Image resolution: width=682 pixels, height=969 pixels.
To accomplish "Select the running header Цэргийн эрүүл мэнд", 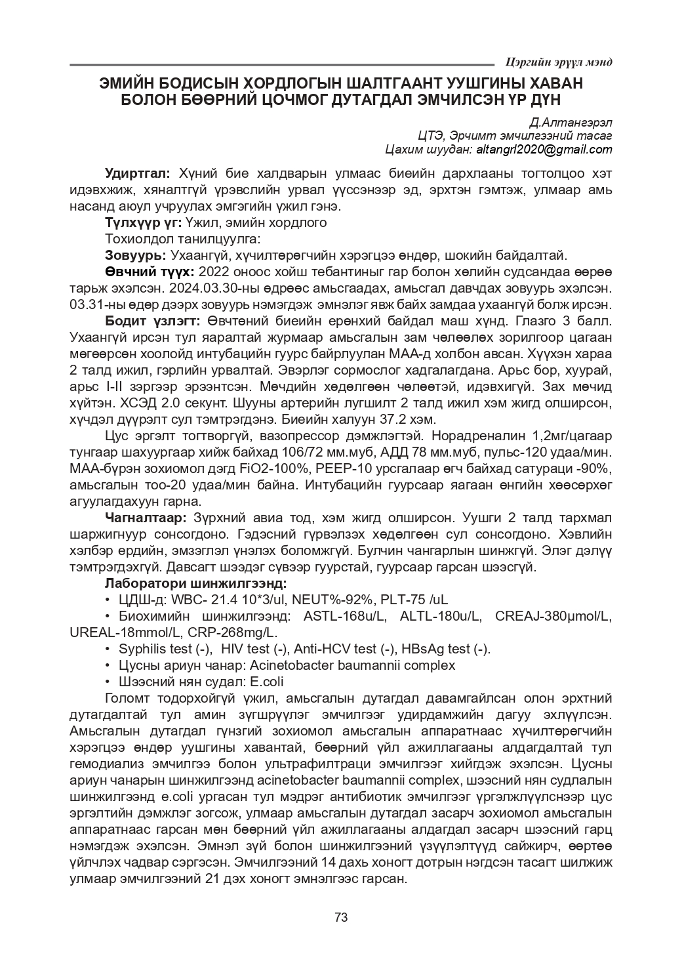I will (559, 62).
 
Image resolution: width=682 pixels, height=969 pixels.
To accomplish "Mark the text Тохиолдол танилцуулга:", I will (183, 239).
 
